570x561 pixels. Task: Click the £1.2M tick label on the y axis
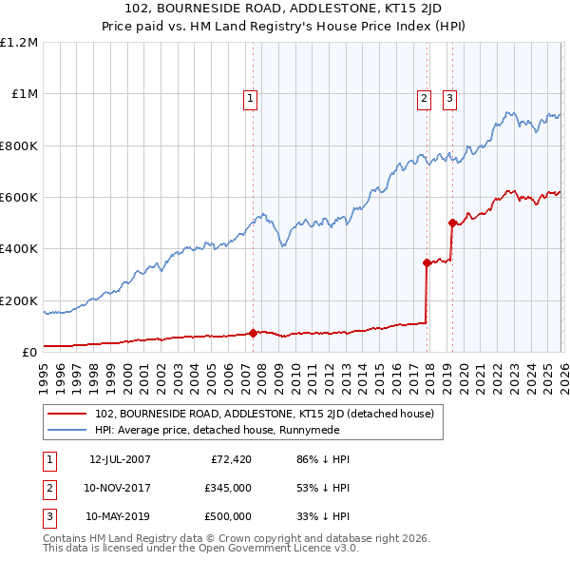pos(19,43)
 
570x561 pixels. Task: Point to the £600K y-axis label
pos(19,198)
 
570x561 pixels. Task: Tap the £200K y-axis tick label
pos(19,300)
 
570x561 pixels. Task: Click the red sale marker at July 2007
pos(253,333)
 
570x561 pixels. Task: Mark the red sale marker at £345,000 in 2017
pos(427,263)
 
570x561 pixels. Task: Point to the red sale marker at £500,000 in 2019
pos(452,223)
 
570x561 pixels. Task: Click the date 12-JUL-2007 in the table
pos(119,459)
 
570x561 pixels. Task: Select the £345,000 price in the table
pos(228,488)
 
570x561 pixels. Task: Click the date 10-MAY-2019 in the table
pos(119,516)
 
